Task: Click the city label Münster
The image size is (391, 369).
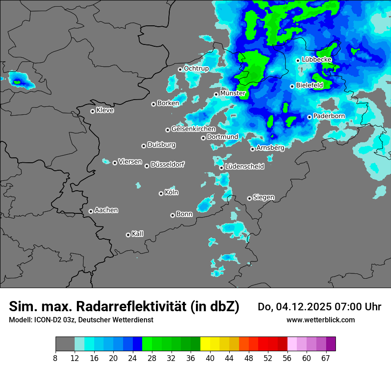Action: point(233,93)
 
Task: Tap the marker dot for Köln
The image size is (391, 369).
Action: point(161,193)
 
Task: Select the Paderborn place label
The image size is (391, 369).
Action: point(329,116)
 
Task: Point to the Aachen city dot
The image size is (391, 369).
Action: point(91,211)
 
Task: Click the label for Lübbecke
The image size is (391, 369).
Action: point(317,60)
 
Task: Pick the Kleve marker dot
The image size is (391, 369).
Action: point(92,111)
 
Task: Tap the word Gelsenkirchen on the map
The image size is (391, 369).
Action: point(193,129)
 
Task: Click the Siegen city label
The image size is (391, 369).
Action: point(263,197)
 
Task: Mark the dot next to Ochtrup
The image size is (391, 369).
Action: point(180,69)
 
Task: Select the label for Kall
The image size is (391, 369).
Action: point(138,234)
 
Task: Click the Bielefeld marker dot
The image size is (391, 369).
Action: point(292,86)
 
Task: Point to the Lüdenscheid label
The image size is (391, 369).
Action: point(244,167)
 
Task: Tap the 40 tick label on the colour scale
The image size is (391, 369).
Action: point(210,358)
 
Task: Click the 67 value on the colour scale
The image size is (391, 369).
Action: point(326,358)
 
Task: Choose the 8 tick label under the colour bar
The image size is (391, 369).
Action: point(56,358)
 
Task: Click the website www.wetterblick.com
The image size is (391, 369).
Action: point(320,320)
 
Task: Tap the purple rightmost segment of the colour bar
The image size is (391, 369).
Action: point(331,344)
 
